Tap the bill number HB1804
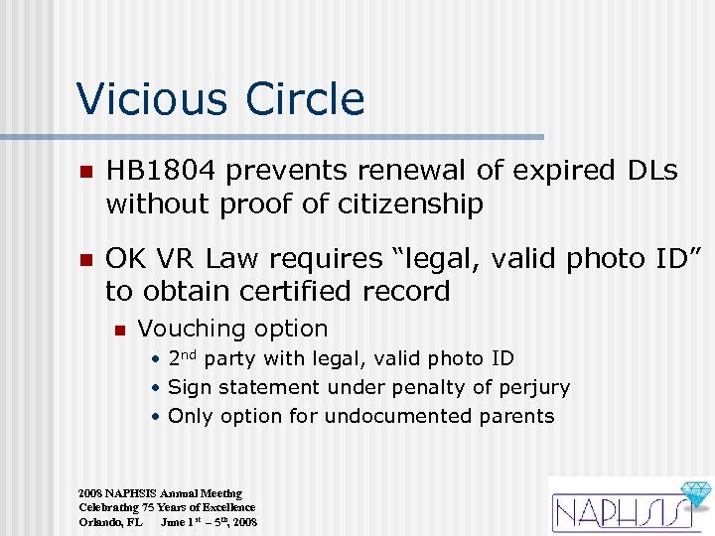coord(161,171)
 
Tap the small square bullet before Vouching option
coord(119,330)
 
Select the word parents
coord(515,417)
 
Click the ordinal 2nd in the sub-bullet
coord(184,358)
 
